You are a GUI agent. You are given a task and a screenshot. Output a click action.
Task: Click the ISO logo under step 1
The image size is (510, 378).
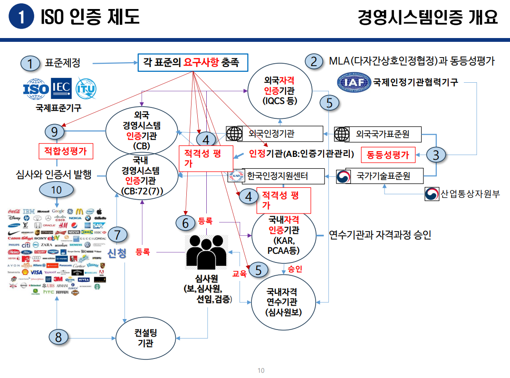(37, 89)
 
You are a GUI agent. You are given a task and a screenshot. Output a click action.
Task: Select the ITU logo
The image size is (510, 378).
(86, 88)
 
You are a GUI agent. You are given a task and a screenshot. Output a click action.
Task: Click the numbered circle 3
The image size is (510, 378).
(436, 154)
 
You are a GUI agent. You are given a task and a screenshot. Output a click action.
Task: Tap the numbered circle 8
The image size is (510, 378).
(58, 337)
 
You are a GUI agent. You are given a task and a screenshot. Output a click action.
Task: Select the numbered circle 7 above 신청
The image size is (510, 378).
(117, 234)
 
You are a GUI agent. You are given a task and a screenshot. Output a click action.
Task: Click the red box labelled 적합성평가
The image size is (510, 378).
(65, 152)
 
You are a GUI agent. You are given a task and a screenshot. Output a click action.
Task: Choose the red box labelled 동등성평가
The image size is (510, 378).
(388, 155)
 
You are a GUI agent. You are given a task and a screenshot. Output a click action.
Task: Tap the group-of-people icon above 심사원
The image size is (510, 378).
(206, 252)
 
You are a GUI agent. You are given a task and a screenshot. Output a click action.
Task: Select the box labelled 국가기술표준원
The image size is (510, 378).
(383, 177)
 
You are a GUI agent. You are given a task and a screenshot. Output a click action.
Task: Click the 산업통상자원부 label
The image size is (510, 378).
(463, 194)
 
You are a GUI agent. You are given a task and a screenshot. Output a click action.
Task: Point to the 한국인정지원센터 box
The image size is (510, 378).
(283, 176)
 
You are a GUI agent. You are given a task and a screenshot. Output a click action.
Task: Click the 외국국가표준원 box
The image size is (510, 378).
(382, 134)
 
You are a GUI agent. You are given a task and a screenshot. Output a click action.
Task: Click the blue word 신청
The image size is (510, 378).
(117, 253)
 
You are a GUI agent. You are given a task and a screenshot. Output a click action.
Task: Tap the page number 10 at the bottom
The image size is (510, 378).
(260, 370)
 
